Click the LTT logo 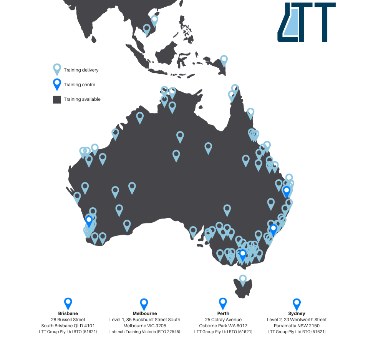click(306, 22)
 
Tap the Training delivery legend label click(81, 70)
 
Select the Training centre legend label click(80, 85)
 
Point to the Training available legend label click(82, 99)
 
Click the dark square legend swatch click(57, 100)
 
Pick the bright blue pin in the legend click(57, 84)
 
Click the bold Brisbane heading click(68, 313)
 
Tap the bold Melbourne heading click(144, 313)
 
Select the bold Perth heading click(223, 313)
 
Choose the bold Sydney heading click(297, 313)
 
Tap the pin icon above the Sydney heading click(297, 304)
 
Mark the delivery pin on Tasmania click(243, 280)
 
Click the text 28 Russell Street click(68, 320)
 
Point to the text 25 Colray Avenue click(223, 320)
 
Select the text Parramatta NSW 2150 click(297, 326)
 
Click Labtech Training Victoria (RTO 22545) click(144, 332)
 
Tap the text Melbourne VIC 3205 click(144, 326)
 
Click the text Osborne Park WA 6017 click(223, 326)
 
